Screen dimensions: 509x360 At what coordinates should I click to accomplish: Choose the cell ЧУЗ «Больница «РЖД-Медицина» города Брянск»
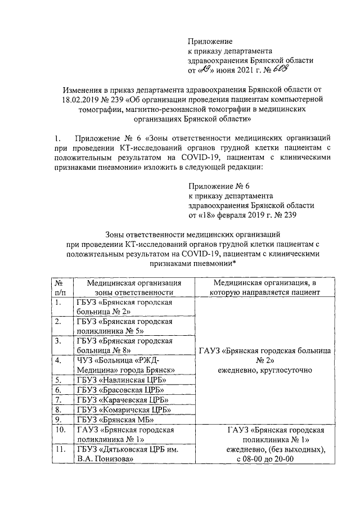125,365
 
